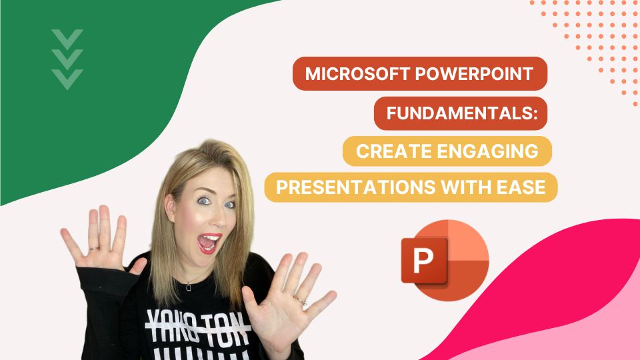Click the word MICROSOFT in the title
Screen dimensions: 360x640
pyautogui.click(x=347, y=74)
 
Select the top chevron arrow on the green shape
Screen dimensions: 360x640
pyautogui.click(x=67, y=37)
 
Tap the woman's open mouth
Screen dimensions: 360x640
pyautogui.click(x=211, y=243)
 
